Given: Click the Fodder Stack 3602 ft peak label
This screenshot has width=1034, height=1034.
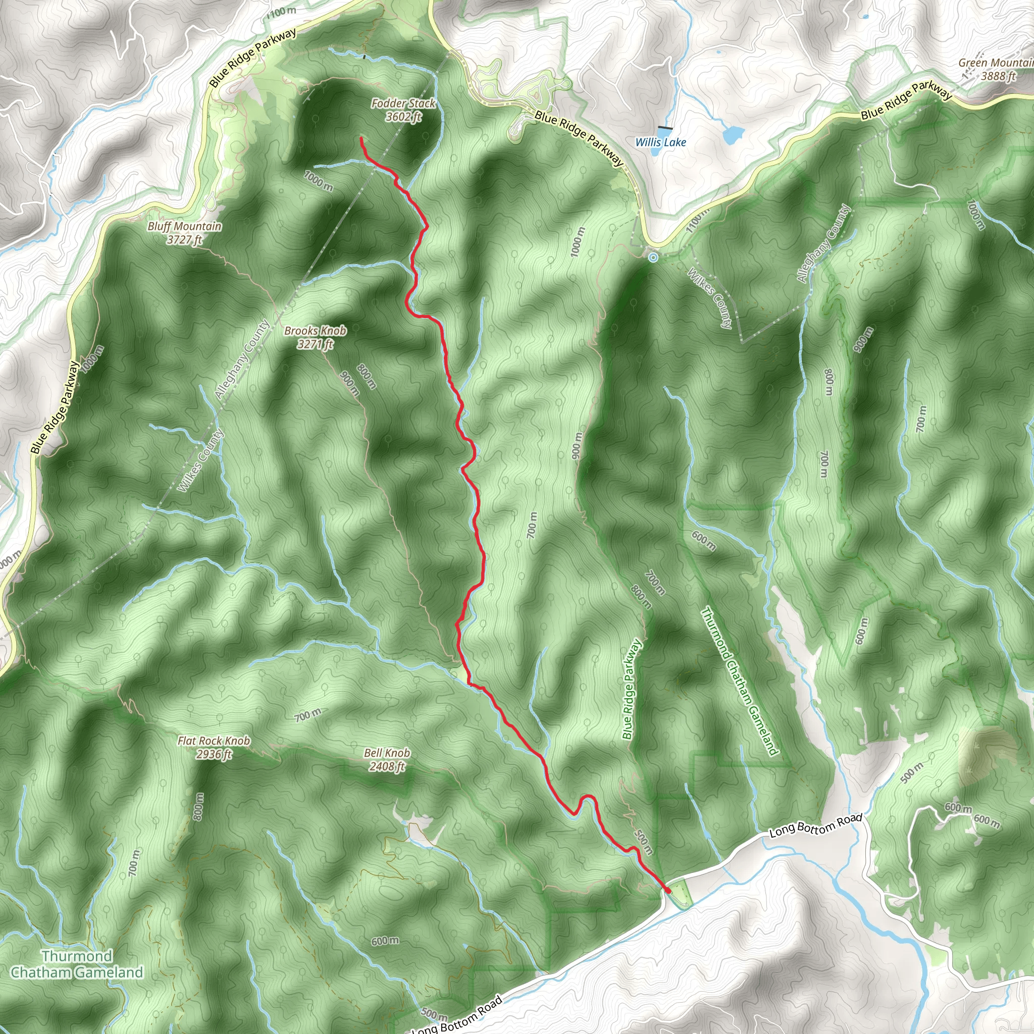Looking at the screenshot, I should [403, 110].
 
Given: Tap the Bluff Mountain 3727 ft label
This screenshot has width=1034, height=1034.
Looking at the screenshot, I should [184, 233].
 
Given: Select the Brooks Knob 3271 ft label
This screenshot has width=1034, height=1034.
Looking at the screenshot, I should [315, 337].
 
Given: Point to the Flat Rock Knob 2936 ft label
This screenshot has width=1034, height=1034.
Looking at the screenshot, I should [214, 747].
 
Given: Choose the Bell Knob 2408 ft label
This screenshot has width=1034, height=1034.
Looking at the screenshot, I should [386, 759].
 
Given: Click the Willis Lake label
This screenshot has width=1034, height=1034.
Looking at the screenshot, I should [660, 142].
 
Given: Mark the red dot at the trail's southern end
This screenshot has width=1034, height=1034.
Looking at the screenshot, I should [668, 890].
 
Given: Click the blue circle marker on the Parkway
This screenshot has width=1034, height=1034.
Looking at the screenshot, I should [653, 257].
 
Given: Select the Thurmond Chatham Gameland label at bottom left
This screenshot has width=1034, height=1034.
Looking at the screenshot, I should [77, 964].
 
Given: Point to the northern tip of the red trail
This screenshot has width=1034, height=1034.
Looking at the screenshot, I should [361, 139].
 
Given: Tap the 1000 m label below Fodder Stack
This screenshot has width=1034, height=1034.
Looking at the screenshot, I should [318, 180].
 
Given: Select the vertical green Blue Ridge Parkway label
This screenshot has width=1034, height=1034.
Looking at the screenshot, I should [632, 690].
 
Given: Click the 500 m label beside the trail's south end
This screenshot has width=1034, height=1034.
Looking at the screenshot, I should [643, 842].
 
